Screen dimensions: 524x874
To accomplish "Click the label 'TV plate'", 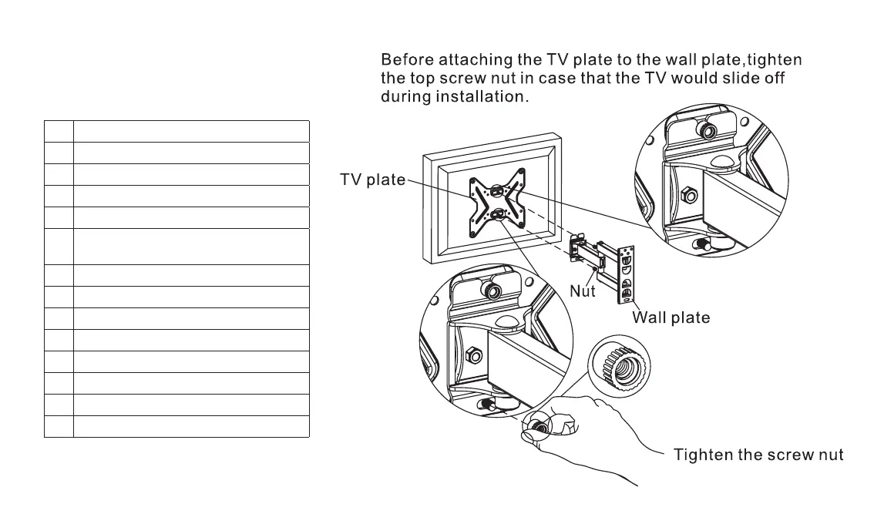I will click(x=372, y=180).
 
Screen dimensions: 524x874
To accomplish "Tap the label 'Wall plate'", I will click(x=671, y=317).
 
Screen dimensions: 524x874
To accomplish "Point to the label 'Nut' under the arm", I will click(x=583, y=292).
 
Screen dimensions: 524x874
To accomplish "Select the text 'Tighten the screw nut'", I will click(x=758, y=455).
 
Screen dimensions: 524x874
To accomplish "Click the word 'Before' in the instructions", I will click(x=410, y=59).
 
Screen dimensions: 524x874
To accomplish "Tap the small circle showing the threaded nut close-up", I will click(x=620, y=369).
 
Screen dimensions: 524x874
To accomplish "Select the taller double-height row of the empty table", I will click(x=176, y=247).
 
